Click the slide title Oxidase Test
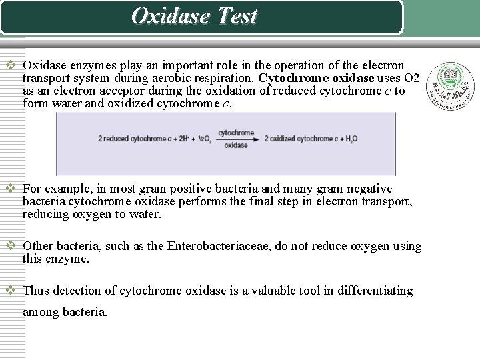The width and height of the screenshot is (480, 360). (194, 16)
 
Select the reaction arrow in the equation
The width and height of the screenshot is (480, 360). (236, 139)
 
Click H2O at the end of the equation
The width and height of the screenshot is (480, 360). (350, 139)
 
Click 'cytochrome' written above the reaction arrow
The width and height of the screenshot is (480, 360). (237, 132)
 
